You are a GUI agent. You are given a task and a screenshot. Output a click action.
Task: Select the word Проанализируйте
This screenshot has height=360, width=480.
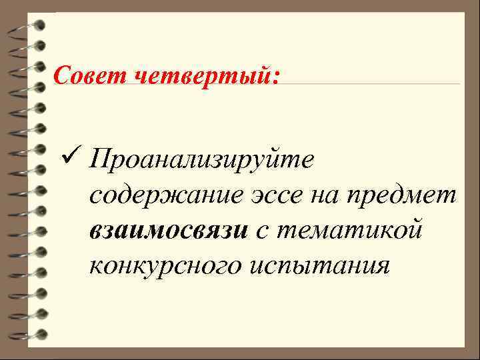(x=206, y=161)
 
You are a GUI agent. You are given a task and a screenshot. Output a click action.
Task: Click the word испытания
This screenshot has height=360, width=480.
(x=318, y=265)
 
